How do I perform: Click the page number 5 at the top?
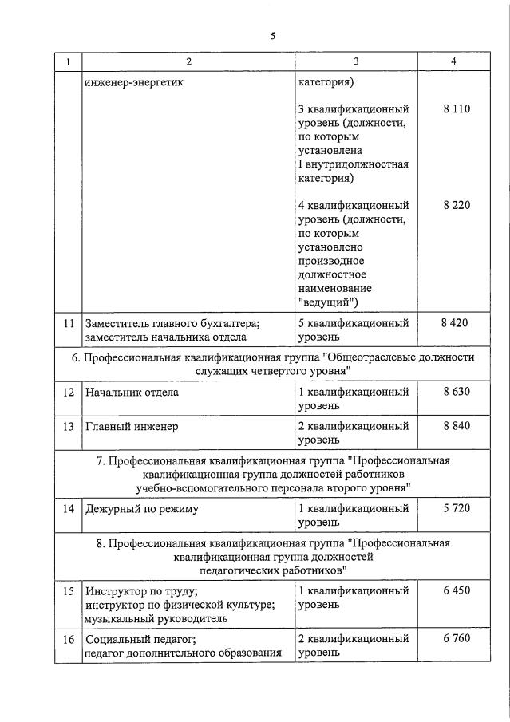pos(272,36)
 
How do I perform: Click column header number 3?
pos(355,62)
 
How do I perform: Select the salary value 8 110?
pos(456,108)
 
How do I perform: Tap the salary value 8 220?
pos(456,205)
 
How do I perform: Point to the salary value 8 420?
pos(454,322)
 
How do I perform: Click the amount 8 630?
pos(456,392)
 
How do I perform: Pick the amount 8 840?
pos(456,426)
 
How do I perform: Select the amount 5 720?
pos(456,508)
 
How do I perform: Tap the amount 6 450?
pos(456,590)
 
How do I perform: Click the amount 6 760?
pos(456,638)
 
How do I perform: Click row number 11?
pos(69,323)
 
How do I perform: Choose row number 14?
pos(69,509)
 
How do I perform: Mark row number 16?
pos(69,639)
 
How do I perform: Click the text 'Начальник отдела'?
pos(132,393)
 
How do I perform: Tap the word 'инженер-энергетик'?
pos(136,81)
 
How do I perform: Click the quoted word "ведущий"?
pos(328,302)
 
